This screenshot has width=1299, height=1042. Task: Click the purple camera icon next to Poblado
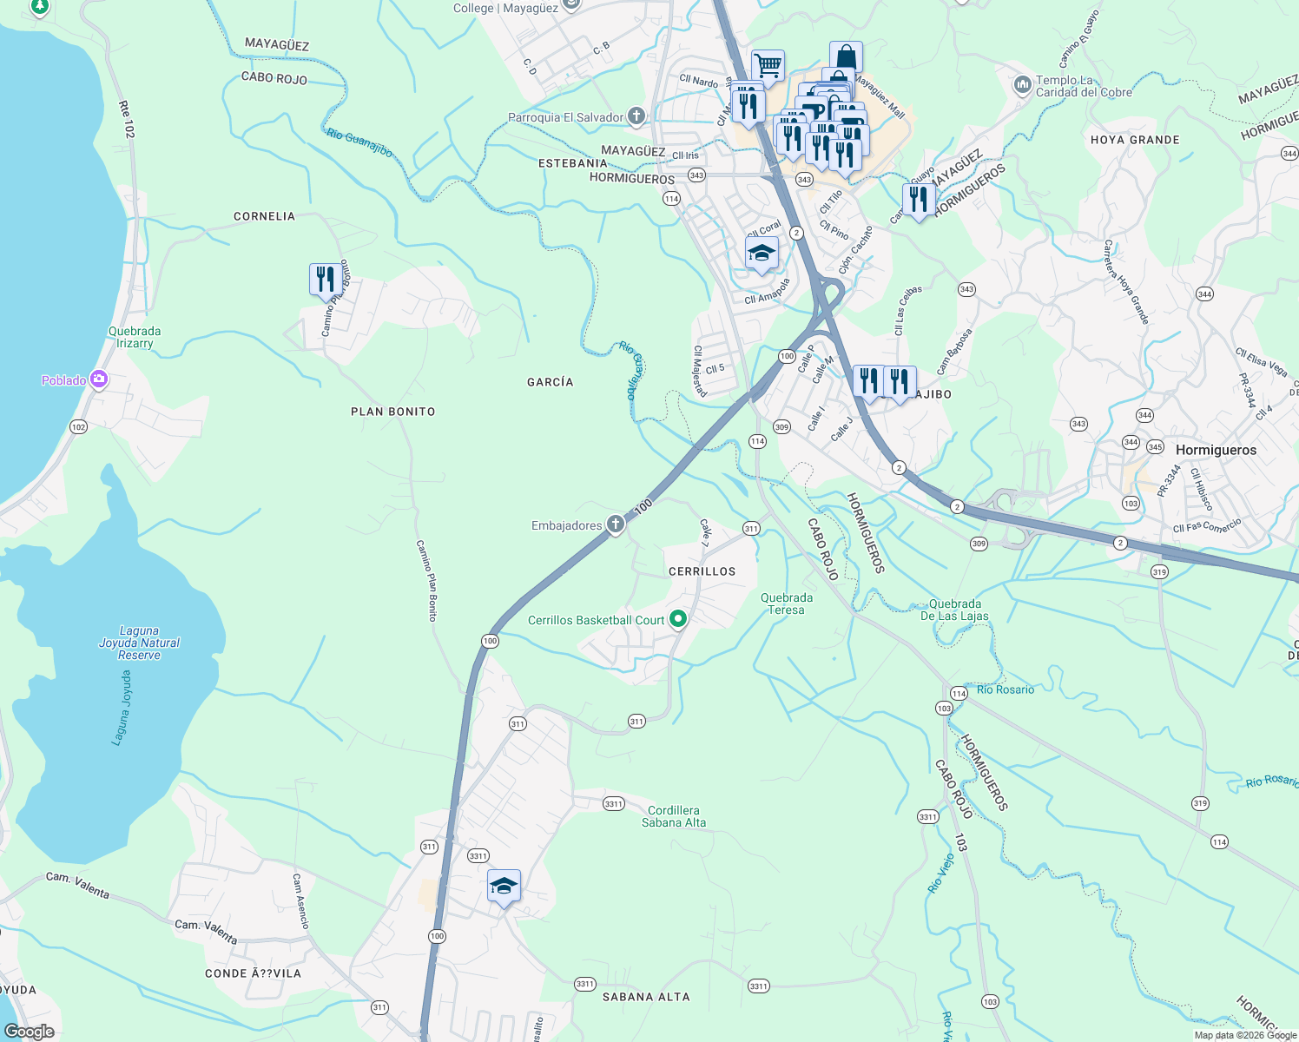98,379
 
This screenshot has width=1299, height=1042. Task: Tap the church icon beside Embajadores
615,524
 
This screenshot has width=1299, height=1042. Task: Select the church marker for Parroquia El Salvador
636,116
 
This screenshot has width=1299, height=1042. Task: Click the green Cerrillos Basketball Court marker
678,619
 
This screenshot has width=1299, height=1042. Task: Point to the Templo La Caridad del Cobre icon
1022,85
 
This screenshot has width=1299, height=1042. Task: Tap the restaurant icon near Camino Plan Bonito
325,280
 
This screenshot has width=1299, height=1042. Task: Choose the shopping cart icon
768,65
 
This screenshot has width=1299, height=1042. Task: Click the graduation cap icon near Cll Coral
762,254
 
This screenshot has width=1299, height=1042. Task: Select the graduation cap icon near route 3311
504,887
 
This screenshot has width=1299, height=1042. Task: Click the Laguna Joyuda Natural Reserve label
139,643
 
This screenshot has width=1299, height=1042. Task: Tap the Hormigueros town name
1216,450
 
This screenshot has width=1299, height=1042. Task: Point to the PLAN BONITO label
392,412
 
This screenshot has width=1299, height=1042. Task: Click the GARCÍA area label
550,382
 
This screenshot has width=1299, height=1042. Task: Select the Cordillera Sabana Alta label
674,816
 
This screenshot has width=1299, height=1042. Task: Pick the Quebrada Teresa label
787,603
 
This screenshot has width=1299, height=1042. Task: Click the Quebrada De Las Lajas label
955,610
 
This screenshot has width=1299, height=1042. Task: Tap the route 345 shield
1155,447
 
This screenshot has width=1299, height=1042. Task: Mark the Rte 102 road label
127,119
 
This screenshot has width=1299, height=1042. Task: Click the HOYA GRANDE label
1135,140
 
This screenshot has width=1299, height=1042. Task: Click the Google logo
30,1032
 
